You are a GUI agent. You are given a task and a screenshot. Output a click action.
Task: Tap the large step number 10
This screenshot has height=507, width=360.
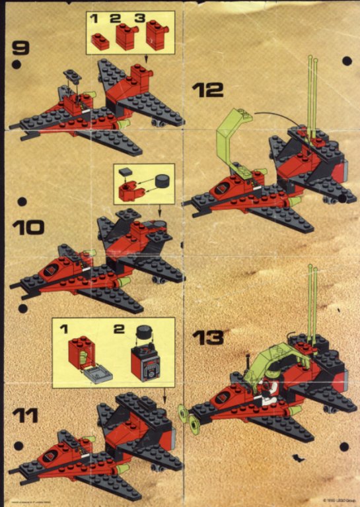(28, 228)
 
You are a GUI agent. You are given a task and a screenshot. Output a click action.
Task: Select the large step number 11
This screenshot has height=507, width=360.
(25, 416)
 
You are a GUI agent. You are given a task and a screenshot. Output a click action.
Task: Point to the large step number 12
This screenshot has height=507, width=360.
(207, 89)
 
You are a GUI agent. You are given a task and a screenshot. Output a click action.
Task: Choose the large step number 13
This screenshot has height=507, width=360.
(209, 337)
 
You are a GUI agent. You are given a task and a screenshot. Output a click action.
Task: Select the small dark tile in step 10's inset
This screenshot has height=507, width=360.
(125, 172)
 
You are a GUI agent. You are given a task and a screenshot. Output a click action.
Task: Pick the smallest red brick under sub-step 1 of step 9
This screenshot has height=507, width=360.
(100, 41)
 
